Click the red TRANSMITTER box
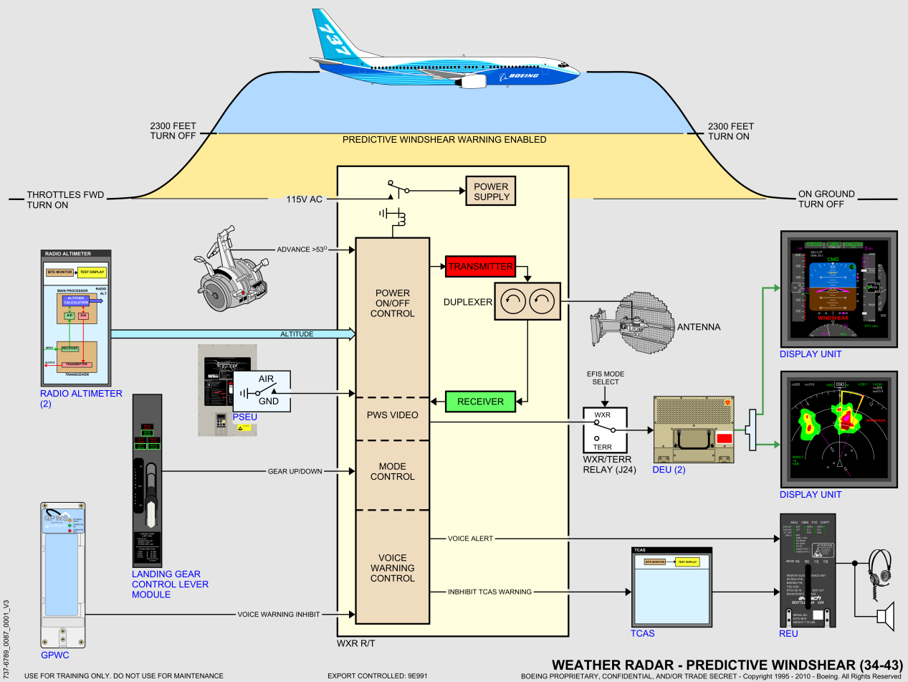(480, 266)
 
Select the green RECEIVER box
(480, 401)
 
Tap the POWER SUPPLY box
(491, 191)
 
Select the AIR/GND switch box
(262, 392)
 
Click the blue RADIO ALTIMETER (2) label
(81, 399)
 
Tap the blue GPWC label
(55, 655)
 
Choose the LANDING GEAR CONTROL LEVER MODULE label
(170, 584)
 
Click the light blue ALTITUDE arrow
(233, 333)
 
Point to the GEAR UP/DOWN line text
(295, 471)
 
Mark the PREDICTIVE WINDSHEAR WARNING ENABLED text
(444, 140)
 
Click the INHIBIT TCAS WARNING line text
(489, 592)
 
